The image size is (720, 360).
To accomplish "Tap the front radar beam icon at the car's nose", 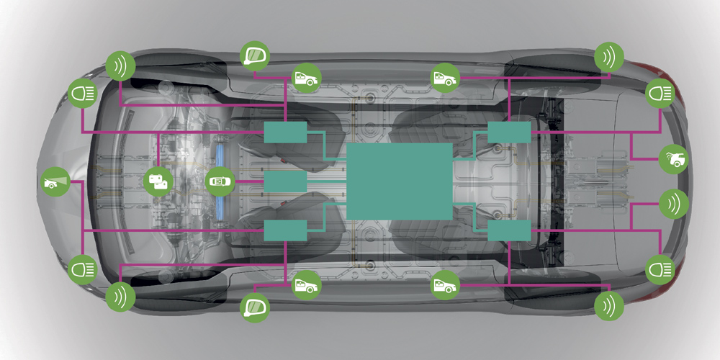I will click(55, 180).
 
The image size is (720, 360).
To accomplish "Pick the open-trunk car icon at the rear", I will click(674, 159).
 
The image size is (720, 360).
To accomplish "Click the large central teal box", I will click(400, 181).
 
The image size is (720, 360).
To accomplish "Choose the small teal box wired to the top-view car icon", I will click(285, 181).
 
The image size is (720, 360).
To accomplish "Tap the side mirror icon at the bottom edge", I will click(253, 307).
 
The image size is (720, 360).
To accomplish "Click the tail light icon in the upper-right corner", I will click(658, 94).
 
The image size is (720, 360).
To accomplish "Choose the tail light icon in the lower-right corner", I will click(658, 269).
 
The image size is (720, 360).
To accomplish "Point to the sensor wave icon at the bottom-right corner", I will click(609, 305).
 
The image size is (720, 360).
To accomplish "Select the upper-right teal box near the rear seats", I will click(509, 132).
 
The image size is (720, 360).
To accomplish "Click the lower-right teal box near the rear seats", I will click(509, 230).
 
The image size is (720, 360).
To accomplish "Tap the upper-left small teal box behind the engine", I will click(285, 132).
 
